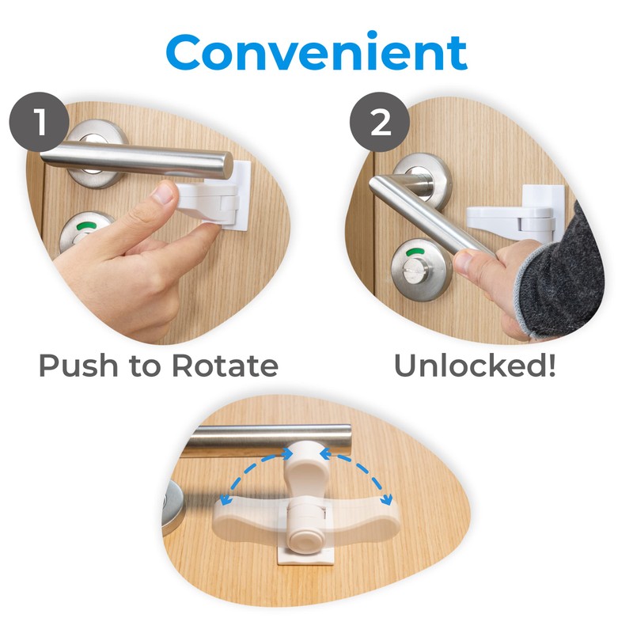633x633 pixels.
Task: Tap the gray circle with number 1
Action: click(x=38, y=125)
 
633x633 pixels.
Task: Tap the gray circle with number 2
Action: click(x=381, y=125)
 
